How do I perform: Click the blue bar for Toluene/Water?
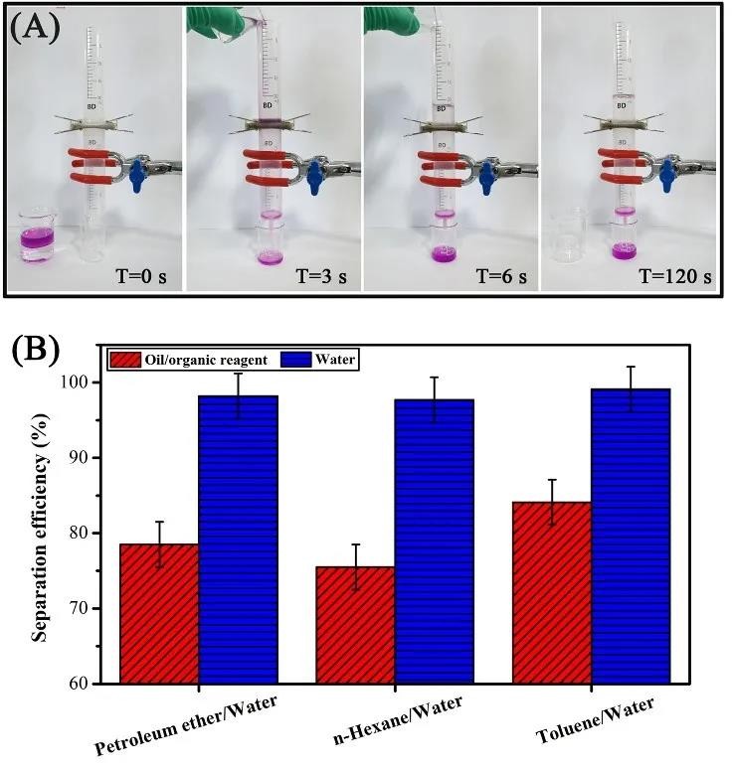[x=630, y=536]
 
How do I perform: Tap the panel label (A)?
[x=35, y=27]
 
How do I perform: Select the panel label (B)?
[x=35, y=350]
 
